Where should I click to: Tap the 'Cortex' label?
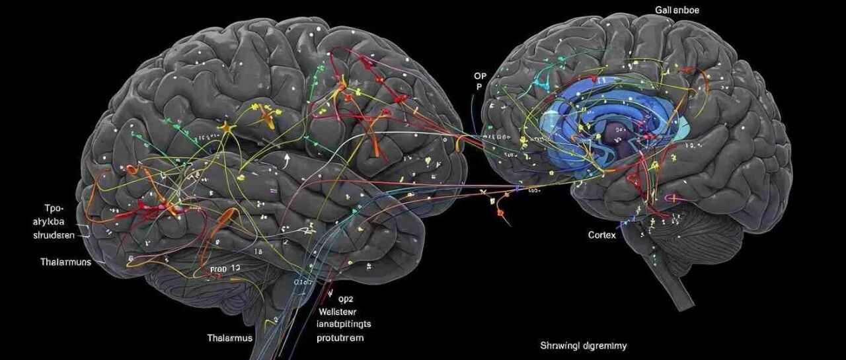coord(602,235)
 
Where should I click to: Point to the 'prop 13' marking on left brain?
coord(225,269)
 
